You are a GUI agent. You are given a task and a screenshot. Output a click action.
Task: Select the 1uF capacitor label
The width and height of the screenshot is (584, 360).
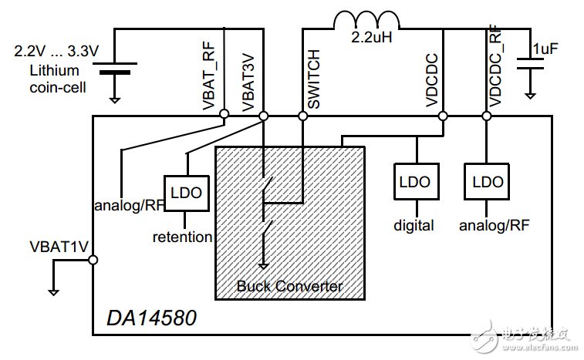coord(545,49)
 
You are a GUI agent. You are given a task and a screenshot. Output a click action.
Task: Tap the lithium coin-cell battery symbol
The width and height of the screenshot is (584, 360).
coord(115,68)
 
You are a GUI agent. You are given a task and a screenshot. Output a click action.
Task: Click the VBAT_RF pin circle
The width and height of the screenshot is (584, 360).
coord(224,113)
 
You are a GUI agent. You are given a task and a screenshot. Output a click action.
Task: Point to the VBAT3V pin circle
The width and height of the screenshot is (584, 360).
coord(263,116)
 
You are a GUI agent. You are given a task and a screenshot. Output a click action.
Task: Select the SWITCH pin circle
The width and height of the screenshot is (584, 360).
coord(303,116)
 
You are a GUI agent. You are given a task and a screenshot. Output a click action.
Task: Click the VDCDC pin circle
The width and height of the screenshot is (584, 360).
coord(443,116)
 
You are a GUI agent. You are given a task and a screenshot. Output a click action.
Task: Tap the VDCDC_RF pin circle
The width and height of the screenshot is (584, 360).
coord(486,116)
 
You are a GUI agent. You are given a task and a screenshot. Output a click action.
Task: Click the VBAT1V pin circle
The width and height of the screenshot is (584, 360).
coord(93,260)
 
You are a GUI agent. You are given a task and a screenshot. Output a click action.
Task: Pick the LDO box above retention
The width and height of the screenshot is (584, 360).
coord(186,193)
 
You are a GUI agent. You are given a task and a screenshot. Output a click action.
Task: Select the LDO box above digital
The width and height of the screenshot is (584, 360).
coord(417,182)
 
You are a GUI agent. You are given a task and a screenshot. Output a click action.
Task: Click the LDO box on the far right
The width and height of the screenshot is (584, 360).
coord(487,182)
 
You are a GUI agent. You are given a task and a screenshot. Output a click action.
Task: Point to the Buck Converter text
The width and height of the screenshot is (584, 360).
coord(290,286)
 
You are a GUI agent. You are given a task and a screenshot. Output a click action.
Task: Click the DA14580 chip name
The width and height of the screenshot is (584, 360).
coord(151,318)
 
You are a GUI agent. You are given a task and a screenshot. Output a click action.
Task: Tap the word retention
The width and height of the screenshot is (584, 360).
coord(183,237)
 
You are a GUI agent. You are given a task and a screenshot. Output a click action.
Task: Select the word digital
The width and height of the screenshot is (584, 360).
coord(414,226)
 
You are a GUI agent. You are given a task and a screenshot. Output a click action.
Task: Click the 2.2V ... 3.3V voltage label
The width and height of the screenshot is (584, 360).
coord(56,51)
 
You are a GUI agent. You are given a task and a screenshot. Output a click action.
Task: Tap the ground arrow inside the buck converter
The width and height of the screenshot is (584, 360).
coord(263,265)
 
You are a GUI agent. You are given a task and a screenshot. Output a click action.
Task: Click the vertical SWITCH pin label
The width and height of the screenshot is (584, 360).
coord(314,79)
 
